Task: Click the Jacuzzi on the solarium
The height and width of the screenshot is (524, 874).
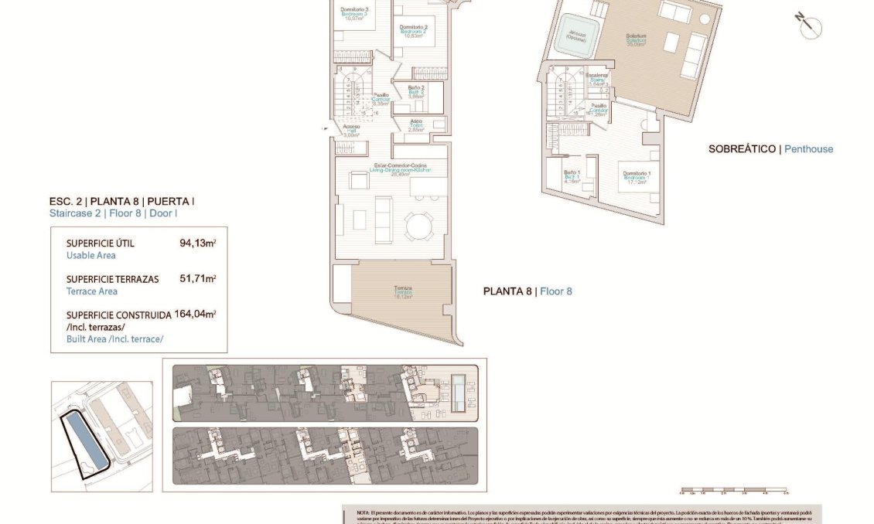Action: pos(574,35)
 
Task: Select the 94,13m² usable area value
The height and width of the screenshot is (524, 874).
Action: pos(197,243)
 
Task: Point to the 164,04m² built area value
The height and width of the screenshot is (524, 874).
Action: pos(197,314)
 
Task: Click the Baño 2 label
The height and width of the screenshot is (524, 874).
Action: pos(415,90)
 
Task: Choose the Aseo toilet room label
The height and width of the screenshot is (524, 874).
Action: pos(415,123)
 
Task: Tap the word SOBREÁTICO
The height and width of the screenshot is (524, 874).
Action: pos(742,149)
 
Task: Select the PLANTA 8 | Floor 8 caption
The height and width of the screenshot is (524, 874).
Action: pos(527,291)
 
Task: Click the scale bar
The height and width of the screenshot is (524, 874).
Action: pos(733,491)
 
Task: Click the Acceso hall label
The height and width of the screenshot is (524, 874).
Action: pos(351,128)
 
